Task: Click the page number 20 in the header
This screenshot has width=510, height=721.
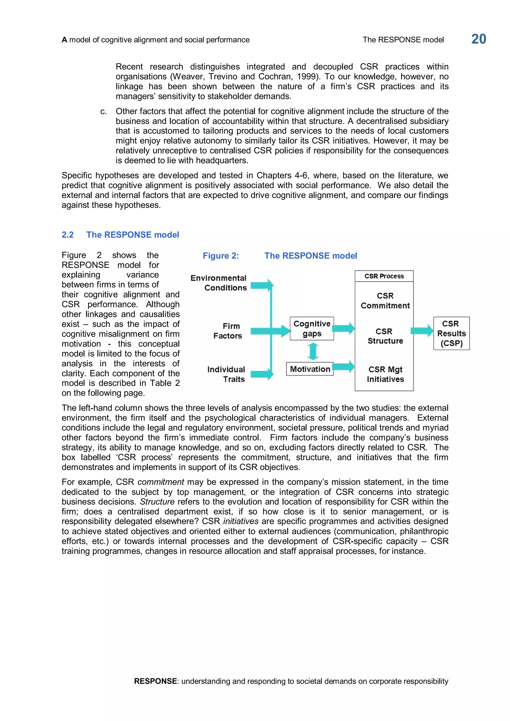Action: tap(478, 39)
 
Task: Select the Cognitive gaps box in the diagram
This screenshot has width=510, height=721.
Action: tap(312, 328)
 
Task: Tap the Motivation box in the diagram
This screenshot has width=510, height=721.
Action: tap(310, 369)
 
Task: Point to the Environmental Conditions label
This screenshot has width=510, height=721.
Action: tap(219, 283)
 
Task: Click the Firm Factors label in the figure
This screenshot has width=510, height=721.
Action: tap(228, 331)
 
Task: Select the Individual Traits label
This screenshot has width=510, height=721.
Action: tap(226, 374)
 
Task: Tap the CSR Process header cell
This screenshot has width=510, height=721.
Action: tap(384, 276)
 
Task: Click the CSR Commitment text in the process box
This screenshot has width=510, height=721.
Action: tap(385, 300)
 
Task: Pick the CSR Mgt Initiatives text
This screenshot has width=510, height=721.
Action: tap(385, 374)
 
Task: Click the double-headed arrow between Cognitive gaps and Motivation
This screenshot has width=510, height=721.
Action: tap(313, 351)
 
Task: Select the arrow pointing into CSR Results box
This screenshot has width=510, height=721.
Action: tap(422, 331)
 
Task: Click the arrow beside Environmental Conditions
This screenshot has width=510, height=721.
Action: tap(262, 285)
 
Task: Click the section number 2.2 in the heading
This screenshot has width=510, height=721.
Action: tap(67, 235)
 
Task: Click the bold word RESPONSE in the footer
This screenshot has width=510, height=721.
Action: tap(155, 681)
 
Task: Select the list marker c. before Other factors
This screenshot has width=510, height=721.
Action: tap(103, 112)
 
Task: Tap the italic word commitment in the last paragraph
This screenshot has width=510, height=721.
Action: tap(160, 482)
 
